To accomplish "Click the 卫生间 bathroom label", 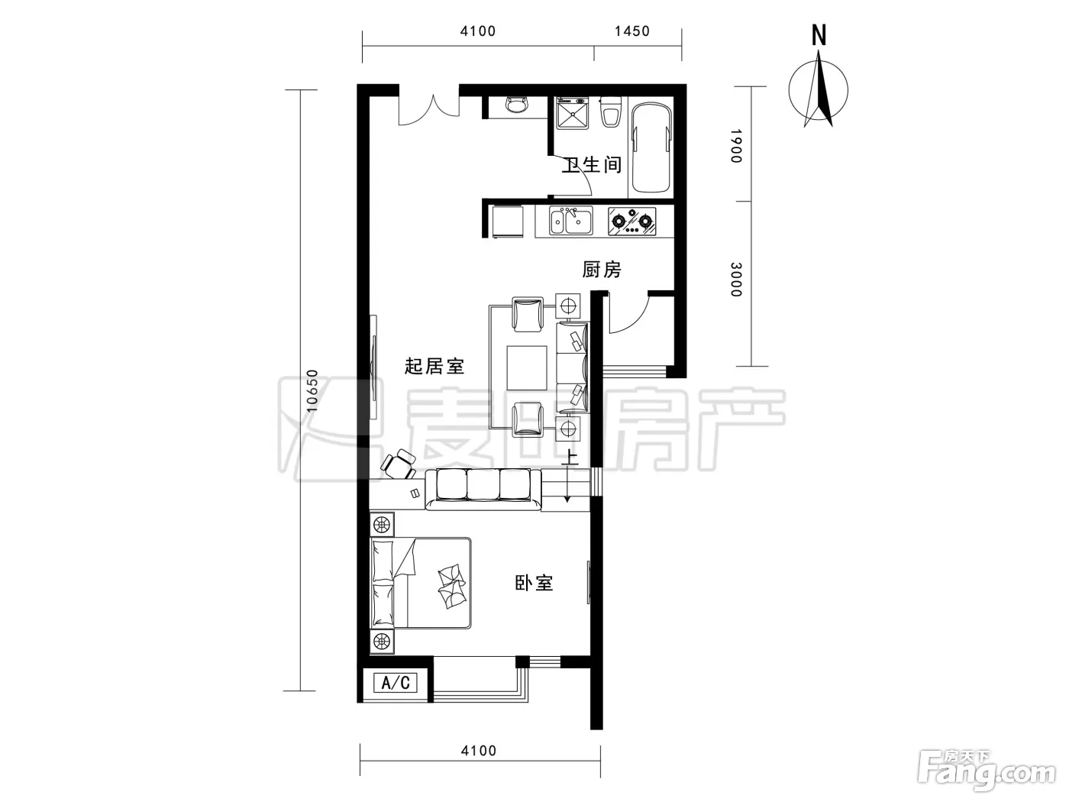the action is [592, 164].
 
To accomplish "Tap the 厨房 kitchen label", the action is [602, 270].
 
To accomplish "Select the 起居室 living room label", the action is [434, 366].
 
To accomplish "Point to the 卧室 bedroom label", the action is [534, 583].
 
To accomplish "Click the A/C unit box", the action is [395, 683].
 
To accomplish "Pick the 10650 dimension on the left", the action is [312, 390].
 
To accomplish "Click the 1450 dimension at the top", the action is [632, 31].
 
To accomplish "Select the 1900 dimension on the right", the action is [736, 146].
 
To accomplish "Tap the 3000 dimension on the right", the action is [736, 280].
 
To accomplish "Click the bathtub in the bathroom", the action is [651, 147].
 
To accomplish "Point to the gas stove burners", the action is [631, 222].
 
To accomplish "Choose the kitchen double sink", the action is [571, 221].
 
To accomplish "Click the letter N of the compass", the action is [819, 35].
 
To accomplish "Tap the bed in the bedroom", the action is [420, 583].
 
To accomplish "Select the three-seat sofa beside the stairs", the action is [483, 489].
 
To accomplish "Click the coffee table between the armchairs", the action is [526, 368].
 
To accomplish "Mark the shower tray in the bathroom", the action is [573, 114].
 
